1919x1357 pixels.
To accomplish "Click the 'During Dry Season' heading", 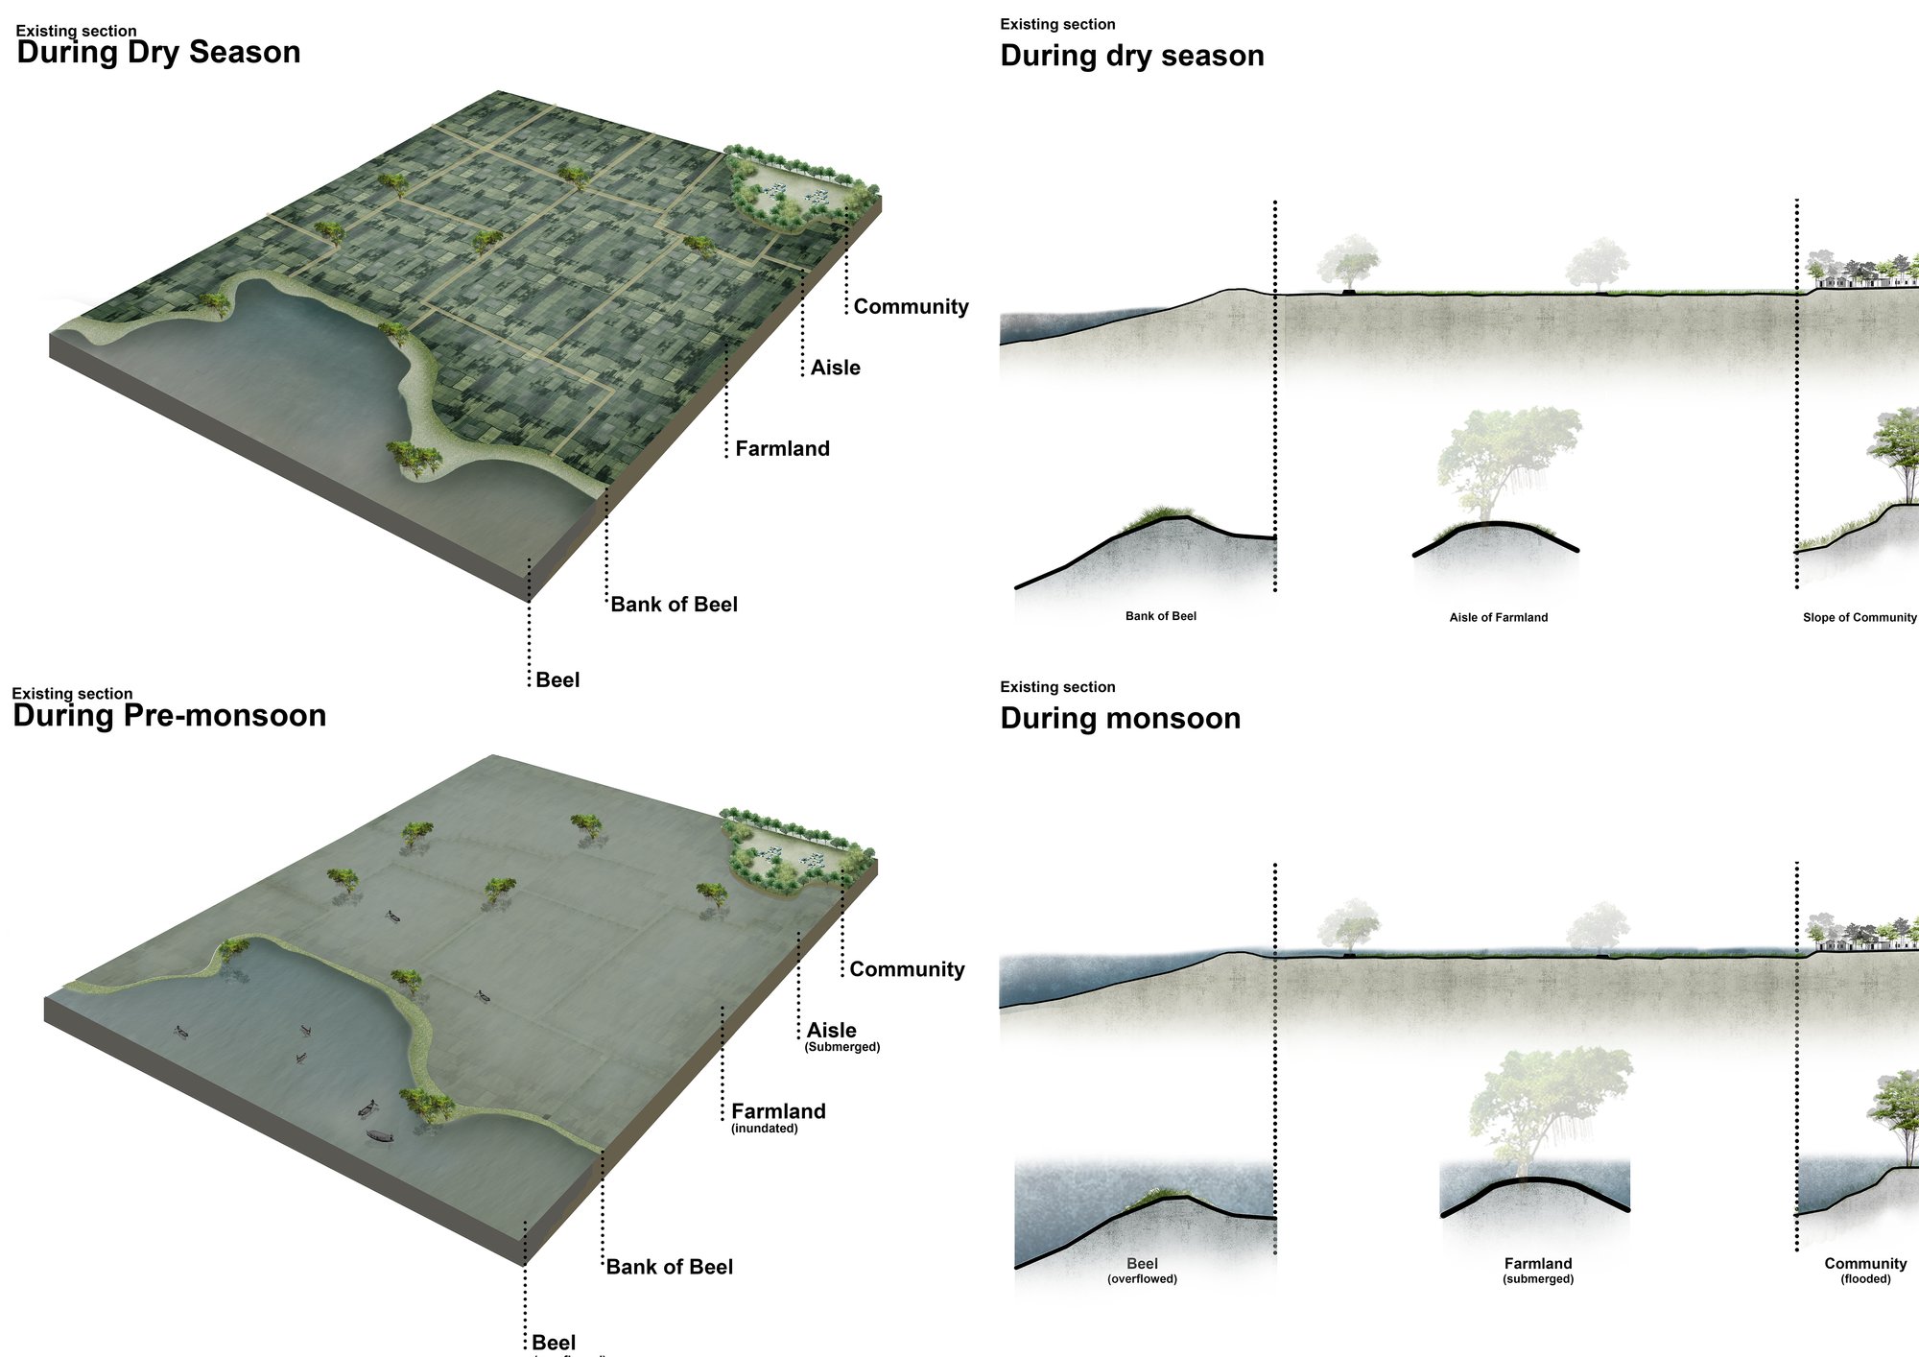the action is pyautogui.click(x=158, y=52).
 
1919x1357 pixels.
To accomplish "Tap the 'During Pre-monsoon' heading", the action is pyautogui.click(x=170, y=715).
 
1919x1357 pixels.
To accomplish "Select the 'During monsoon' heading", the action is pyautogui.click(x=1121, y=718).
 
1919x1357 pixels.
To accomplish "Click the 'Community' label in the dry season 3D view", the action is pyautogui.click(x=911, y=307).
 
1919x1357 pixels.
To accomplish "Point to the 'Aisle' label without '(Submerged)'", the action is pyautogui.click(x=835, y=368).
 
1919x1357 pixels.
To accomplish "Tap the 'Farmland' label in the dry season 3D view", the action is pyautogui.click(x=782, y=448).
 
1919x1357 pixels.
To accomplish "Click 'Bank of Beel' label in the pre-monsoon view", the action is pyautogui.click(x=670, y=1267).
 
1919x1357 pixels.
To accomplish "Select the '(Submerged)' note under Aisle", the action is pyautogui.click(x=842, y=1047).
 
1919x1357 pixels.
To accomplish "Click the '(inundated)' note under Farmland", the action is pyautogui.click(x=765, y=1129).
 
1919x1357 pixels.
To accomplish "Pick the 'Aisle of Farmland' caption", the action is pyautogui.click(x=1499, y=617).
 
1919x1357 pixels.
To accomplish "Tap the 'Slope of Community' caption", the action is pyautogui.click(x=1860, y=617).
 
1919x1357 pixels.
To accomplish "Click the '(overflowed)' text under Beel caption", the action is pyautogui.click(x=1142, y=1279).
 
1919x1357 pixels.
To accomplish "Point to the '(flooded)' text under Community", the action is pyautogui.click(x=1865, y=1279).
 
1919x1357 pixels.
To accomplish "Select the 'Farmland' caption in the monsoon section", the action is pyautogui.click(x=1538, y=1264).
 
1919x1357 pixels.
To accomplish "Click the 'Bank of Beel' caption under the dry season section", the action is pyautogui.click(x=1161, y=616).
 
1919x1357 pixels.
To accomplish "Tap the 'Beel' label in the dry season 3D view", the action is pyautogui.click(x=557, y=680).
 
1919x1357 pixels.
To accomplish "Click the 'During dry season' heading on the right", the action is pyautogui.click(x=1132, y=56).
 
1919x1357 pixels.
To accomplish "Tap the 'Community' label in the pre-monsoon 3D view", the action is pyautogui.click(x=907, y=970).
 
